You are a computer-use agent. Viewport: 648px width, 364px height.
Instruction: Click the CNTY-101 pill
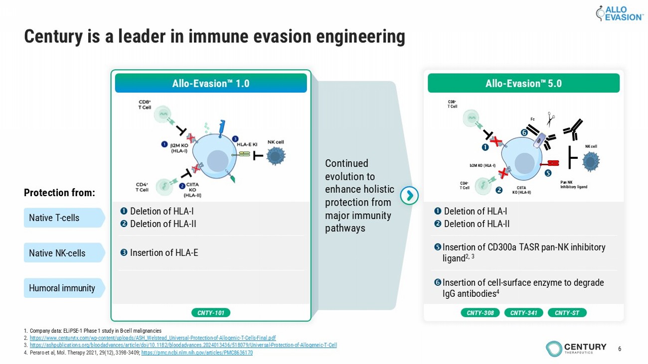pyautogui.click(x=210, y=313)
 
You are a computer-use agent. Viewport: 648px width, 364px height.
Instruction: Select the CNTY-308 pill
pyautogui.click(x=480, y=313)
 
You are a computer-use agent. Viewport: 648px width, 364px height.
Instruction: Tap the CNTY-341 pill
pyautogui.click(x=523, y=313)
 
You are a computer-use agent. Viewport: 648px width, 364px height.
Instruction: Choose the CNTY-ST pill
pyautogui.click(x=567, y=313)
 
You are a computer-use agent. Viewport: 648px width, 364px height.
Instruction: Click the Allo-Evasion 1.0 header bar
pyautogui.click(x=211, y=83)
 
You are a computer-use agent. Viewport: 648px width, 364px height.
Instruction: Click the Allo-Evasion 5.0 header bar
pyautogui.click(x=523, y=83)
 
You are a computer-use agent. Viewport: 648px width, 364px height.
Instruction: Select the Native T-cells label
pyautogui.click(x=63, y=218)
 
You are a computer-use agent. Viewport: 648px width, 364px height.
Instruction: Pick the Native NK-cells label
pyautogui.click(x=63, y=253)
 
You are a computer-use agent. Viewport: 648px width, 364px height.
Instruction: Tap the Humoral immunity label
pyautogui.click(x=63, y=288)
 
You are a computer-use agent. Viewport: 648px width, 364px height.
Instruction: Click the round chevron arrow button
pyautogui.click(x=410, y=196)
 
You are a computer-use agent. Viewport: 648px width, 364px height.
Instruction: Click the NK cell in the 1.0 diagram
pyautogui.click(x=275, y=156)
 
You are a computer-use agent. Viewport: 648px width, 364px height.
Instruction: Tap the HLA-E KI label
pyautogui.click(x=247, y=144)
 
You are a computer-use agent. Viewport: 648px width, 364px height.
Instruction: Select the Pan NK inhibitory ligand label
pyautogui.click(x=574, y=185)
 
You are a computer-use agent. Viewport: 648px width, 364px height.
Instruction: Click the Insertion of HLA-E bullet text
pyautogui.click(x=164, y=253)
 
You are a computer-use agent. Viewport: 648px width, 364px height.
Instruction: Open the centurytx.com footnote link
pyautogui.click(x=153, y=338)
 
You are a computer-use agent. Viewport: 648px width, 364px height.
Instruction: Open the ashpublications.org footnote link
pyautogui.click(x=183, y=345)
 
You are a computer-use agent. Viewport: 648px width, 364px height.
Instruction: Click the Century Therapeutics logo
pyautogui.click(x=576, y=348)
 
